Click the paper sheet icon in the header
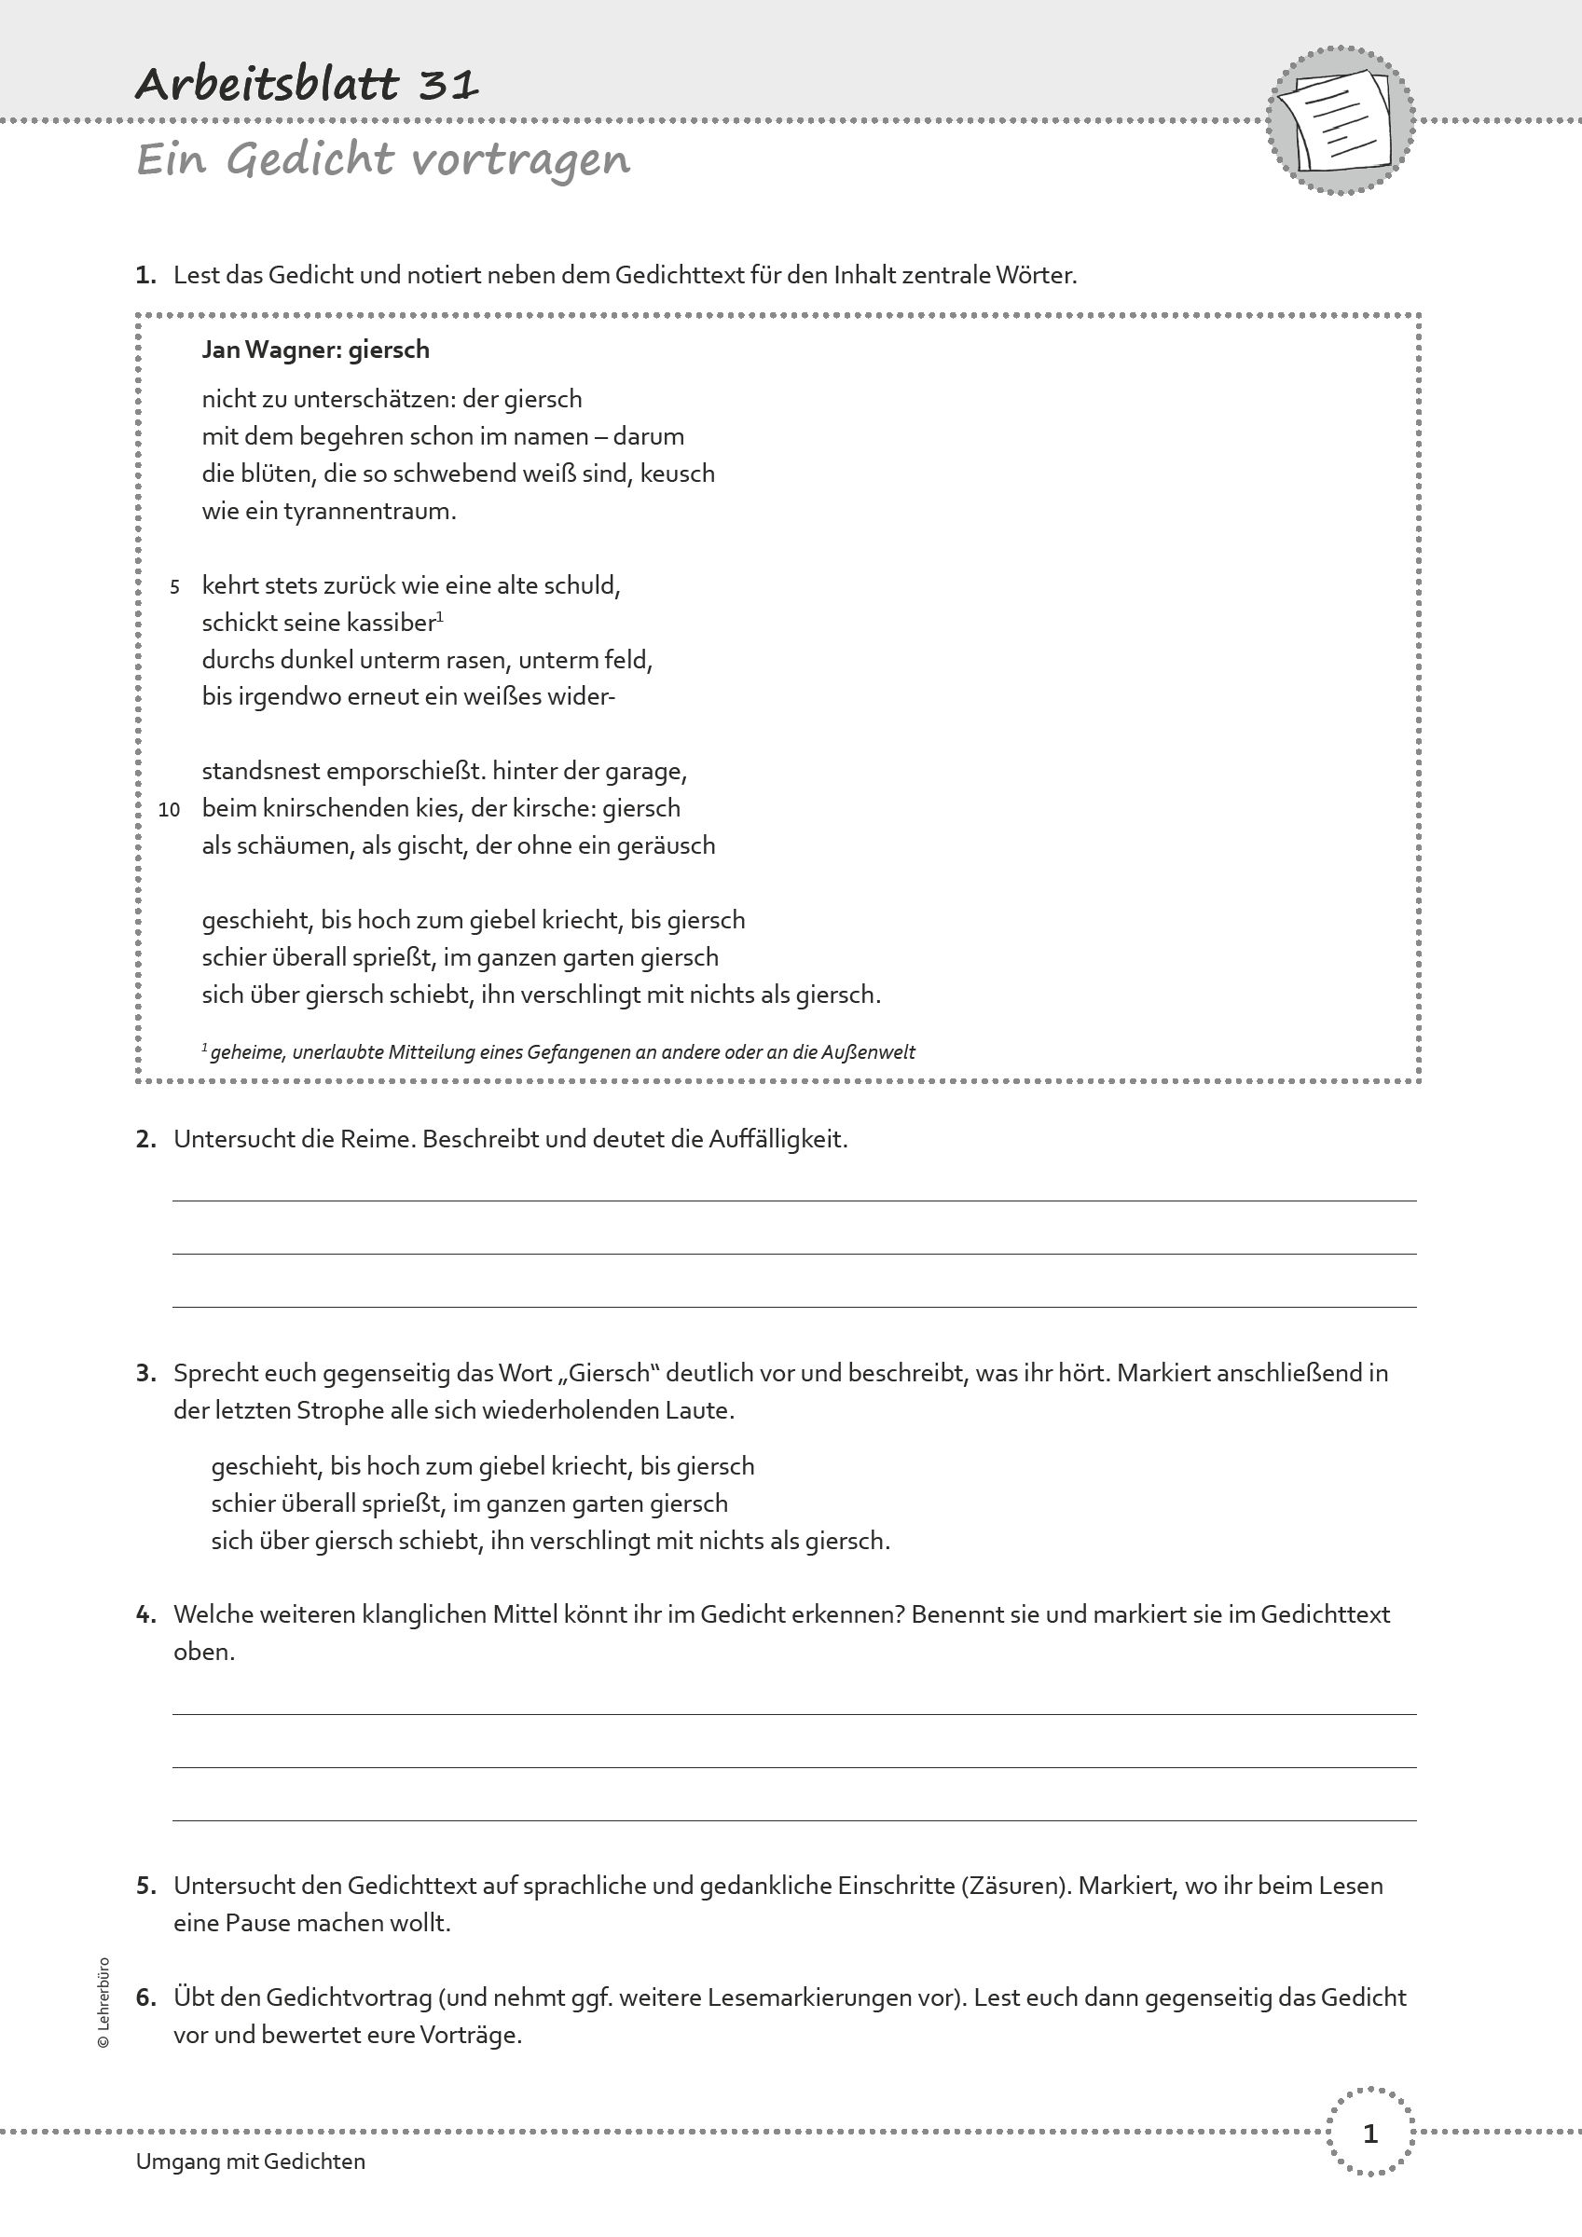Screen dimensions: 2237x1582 coord(1341,121)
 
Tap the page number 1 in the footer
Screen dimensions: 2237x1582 coord(1369,2134)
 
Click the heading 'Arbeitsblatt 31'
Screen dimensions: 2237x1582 coord(307,85)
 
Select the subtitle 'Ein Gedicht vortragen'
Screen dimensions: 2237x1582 coord(383,158)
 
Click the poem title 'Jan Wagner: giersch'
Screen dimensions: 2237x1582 coord(315,350)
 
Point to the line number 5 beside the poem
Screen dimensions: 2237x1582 coord(174,586)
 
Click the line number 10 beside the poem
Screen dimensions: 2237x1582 coord(170,810)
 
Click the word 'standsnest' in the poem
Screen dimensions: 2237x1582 coord(260,772)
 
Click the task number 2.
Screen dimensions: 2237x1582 coord(145,1139)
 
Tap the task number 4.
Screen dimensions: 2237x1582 coord(145,1614)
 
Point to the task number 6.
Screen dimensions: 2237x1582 coord(145,1997)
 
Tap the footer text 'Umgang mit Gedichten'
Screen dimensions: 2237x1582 coord(251,2161)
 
